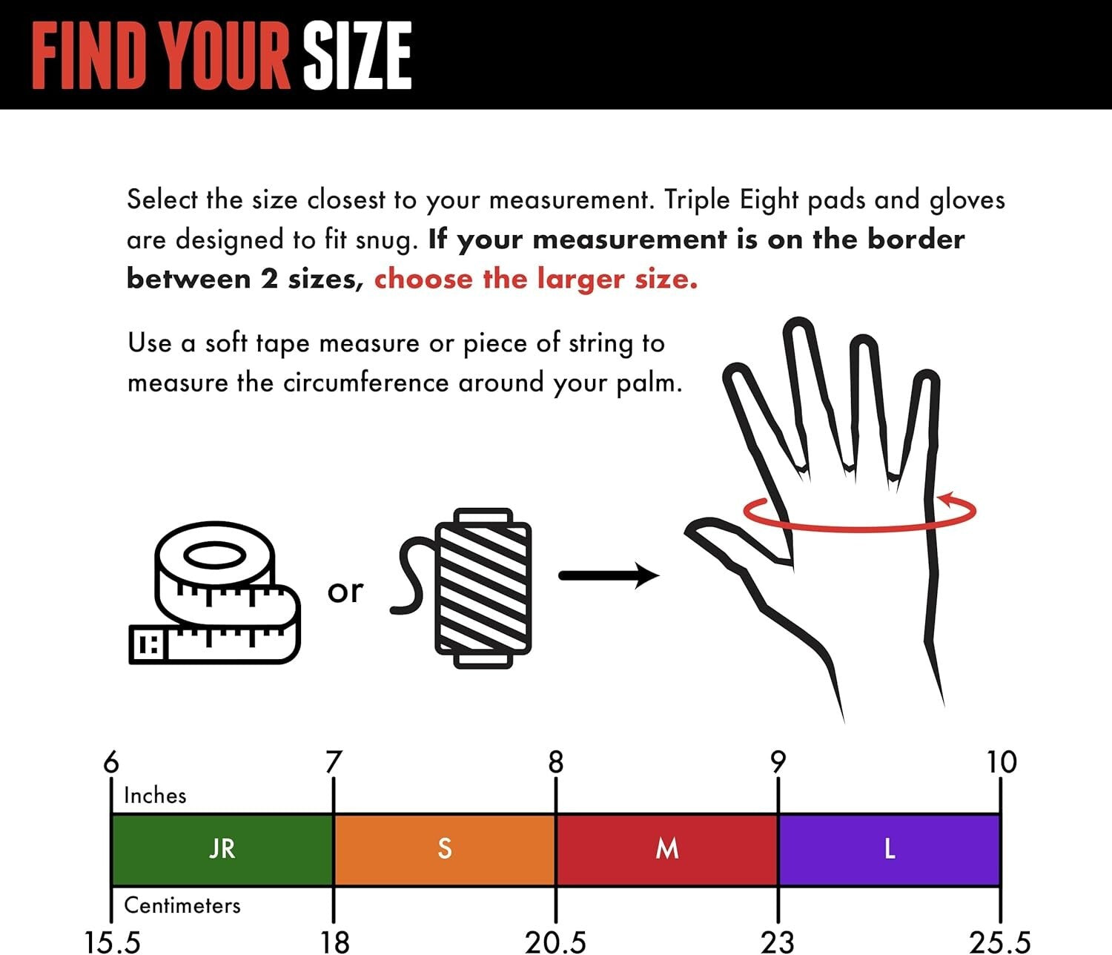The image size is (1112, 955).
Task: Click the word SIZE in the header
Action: [357, 56]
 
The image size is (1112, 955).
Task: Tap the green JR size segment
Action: [222, 850]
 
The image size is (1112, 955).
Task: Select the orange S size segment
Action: [444, 850]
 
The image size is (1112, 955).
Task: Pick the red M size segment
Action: [667, 850]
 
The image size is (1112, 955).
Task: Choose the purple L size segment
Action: [890, 850]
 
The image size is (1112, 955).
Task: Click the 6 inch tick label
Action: [110, 761]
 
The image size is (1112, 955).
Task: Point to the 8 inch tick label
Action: [556, 761]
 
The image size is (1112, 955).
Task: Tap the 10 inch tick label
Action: [1002, 761]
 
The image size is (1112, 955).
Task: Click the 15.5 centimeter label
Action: [113, 942]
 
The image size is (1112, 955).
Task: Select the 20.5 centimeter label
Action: [555, 942]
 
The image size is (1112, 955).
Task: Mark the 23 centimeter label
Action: [778, 942]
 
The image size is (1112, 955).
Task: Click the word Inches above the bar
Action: [155, 796]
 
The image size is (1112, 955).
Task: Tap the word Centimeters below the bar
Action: [182, 905]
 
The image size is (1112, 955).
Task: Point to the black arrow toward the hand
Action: [609, 575]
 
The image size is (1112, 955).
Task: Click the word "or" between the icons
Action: [345, 592]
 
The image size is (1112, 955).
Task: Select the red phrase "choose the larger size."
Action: [536, 280]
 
